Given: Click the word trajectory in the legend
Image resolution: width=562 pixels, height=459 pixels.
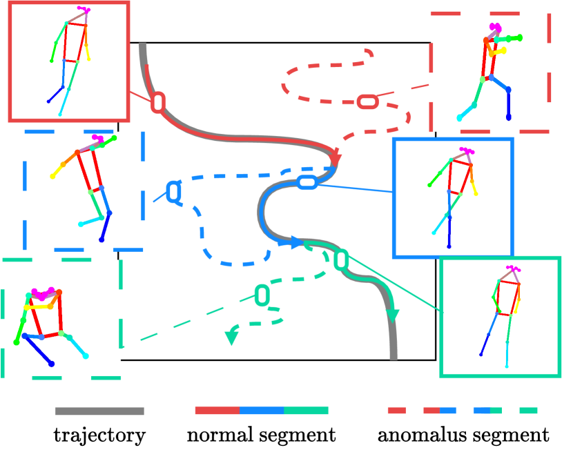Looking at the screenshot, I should [100, 436].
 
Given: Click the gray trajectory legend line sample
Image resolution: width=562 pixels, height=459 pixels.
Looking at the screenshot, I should [99, 411].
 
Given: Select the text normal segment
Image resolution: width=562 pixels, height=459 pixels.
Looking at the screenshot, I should [261, 436].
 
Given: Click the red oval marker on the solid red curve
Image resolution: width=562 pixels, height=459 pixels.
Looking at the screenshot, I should [158, 102].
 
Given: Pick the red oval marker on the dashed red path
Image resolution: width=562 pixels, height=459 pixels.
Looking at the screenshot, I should [368, 101].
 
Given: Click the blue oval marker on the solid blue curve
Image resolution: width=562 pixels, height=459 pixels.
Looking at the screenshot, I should [307, 183].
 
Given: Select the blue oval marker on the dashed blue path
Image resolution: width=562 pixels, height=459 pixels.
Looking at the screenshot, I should [174, 191].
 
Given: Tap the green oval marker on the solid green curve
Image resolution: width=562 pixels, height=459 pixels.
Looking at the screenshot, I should [340, 260].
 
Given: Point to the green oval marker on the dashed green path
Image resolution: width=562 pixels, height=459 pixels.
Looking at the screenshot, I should [262, 295].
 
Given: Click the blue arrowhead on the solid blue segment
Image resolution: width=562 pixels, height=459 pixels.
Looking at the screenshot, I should [295, 243].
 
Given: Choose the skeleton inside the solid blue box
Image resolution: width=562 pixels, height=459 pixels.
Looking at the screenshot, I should [452, 193].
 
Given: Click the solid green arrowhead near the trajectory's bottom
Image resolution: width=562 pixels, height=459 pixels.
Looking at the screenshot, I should [393, 314].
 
